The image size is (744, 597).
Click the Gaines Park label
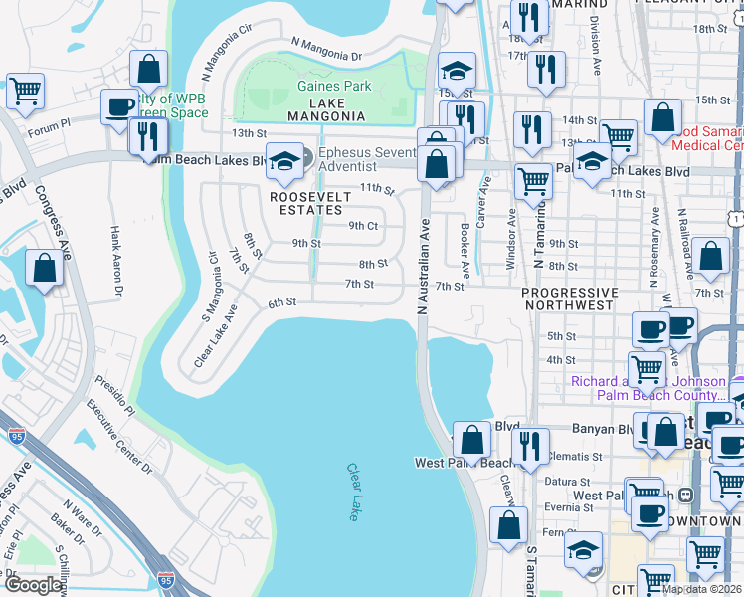click(x=334, y=87)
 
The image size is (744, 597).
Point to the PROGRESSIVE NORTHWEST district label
click(x=569, y=298)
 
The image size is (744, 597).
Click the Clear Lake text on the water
click(x=354, y=492)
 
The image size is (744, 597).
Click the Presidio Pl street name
click(x=115, y=395)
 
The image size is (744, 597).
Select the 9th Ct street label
click(x=363, y=225)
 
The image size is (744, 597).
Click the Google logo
click(x=33, y=585)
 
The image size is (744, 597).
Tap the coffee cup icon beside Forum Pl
click(x=119, y=106)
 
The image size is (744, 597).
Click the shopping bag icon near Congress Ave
click(x=45, y=268)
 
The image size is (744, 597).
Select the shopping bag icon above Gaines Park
click(x=148, y=69)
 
